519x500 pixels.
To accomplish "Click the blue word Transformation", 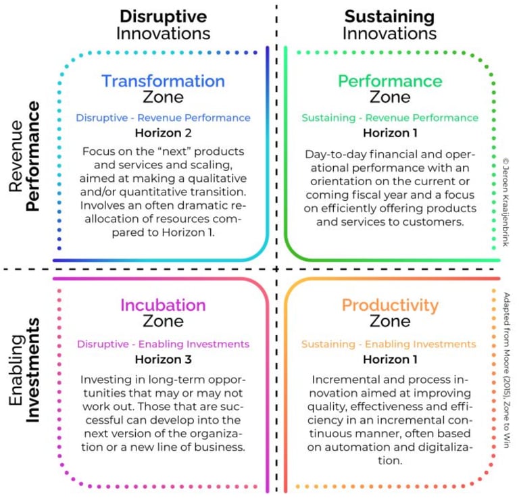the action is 163,81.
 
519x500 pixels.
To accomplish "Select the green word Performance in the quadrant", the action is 390,81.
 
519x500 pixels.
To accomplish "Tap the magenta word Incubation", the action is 163,305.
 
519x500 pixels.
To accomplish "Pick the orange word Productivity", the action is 390,305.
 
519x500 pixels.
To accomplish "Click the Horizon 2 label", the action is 163,132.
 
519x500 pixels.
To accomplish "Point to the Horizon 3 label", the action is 163,359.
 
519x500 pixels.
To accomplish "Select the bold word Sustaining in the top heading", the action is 389,16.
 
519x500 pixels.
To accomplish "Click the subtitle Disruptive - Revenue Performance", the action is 163,118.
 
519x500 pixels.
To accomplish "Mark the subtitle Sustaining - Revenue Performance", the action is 390,118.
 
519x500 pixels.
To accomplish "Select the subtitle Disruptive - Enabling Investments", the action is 163,344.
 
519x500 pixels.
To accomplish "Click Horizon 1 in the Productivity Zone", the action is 390,359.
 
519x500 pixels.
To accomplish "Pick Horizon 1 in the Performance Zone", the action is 390,132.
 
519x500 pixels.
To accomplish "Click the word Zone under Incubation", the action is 163,322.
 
